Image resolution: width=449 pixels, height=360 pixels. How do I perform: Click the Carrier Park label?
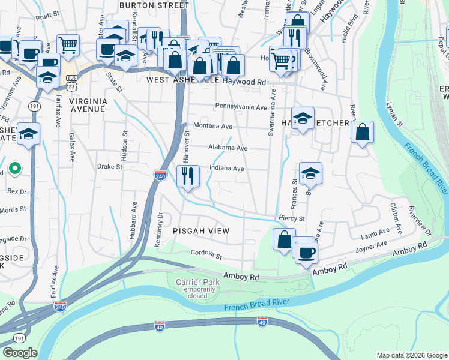point(195,282)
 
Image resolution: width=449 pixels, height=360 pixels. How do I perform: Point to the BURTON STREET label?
point(154,5)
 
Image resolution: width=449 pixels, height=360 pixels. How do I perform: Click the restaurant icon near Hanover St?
point(188,177)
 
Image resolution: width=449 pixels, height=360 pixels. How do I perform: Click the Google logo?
point(20,353)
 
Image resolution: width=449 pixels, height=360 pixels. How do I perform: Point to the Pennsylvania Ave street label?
point(241,107)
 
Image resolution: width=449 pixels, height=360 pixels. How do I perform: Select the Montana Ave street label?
point(212,127)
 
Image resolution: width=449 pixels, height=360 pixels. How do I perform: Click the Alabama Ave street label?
point(228,148)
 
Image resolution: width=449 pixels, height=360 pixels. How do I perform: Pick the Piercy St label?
point(292,218)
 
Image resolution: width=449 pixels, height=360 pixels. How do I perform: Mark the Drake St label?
point(109,167)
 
